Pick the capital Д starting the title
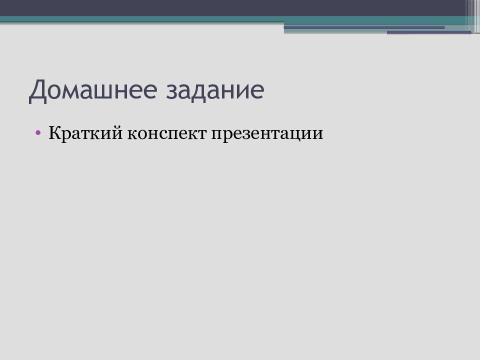pos(38,91)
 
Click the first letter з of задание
pos(179,93)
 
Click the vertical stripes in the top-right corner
pos(472,15)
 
